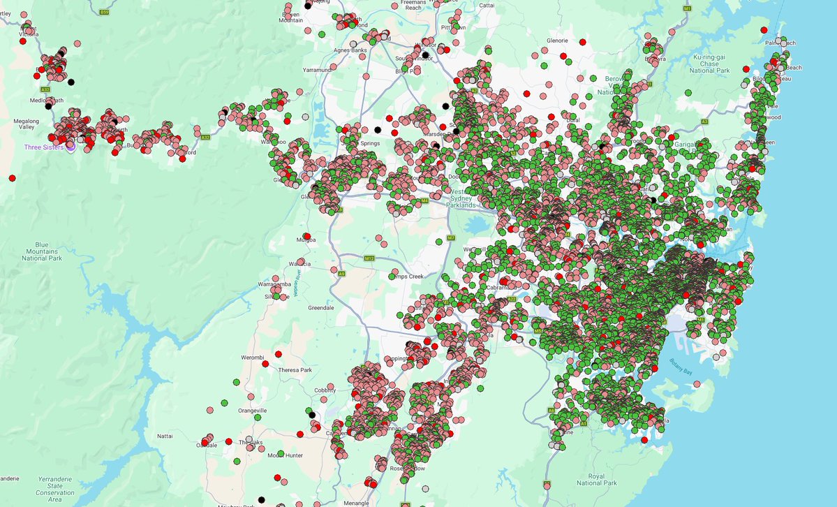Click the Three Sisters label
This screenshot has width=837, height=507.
[43, 147]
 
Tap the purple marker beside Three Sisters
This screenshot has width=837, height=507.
[70, 148]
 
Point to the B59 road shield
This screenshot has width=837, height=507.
[105, 12]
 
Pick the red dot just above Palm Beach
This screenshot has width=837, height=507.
[764, 30]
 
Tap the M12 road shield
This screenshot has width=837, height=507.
[370, 258]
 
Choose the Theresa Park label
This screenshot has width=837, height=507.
[295, 369]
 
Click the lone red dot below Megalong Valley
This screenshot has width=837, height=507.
[12, 178]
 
